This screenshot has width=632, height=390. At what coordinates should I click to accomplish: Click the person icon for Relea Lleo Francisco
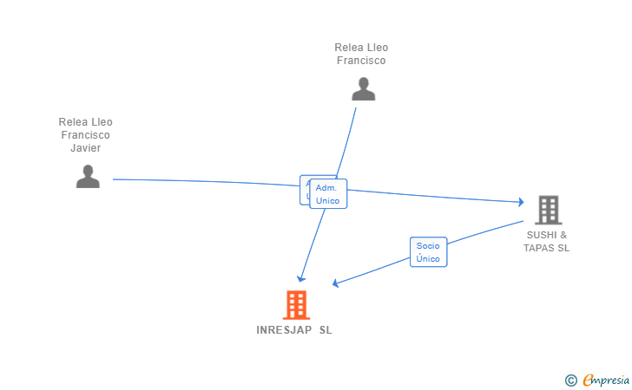tap(363, 88)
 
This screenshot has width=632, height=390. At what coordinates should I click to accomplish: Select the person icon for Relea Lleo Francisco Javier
tap(88, 176)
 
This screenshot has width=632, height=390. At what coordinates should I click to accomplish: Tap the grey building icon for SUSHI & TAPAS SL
tap(548, 209)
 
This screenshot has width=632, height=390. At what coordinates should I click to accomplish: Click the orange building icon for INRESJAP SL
tap(296, 304)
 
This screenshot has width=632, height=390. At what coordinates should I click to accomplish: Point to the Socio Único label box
tap(428, 252)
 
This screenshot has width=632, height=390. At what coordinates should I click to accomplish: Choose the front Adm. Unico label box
tap(328, 194)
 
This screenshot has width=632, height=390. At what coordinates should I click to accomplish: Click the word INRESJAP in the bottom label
tap(284, 330)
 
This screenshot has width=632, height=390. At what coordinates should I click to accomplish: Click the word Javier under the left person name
tap(86, 148)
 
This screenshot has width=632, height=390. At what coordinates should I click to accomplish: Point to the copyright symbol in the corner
tap(570, 380)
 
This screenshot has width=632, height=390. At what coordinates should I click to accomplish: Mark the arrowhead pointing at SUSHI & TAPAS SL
tap(521, 202)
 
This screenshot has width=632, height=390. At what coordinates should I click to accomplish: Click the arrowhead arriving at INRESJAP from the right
tap(336, 283)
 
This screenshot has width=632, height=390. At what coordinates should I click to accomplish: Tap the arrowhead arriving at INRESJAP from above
tap(300, 278)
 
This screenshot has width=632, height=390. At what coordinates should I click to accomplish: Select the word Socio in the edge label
tap(428, 246)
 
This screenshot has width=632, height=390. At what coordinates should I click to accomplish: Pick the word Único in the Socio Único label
tap(428, 259)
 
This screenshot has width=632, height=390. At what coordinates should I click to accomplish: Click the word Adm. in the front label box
tap(326, 188)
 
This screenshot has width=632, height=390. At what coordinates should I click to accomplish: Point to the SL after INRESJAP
tap(326, 330)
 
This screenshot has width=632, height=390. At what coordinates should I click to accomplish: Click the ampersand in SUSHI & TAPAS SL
tap(563, 235)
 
